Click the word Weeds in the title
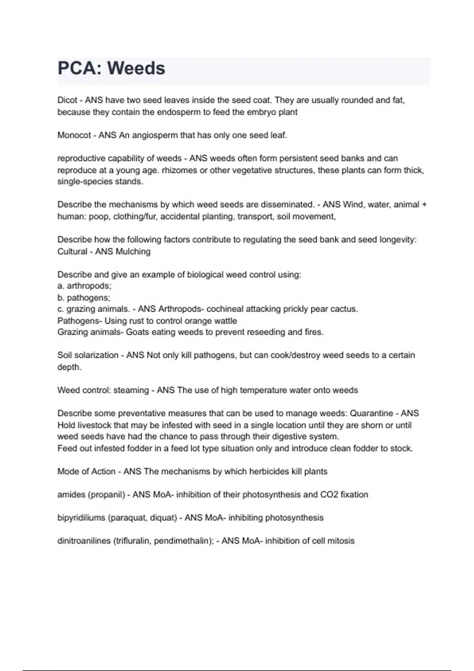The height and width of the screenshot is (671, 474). coord(136,68)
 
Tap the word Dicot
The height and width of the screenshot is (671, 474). coord(67,100)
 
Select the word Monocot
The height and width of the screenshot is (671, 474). coord(74,135)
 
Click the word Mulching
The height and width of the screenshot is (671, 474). coord(133,251)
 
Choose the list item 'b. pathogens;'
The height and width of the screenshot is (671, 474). coord(84,298)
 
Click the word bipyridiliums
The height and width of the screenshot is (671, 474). coord(81,518)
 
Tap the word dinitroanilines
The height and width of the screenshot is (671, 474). coord(84,541)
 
